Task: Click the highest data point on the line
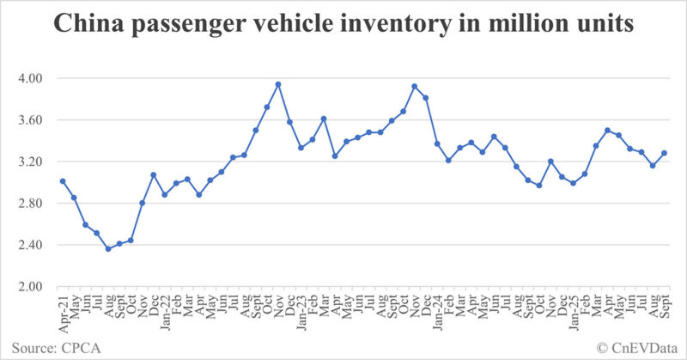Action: point(278,84)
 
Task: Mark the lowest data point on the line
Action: point(108,249)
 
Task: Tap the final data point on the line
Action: point(664,154)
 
